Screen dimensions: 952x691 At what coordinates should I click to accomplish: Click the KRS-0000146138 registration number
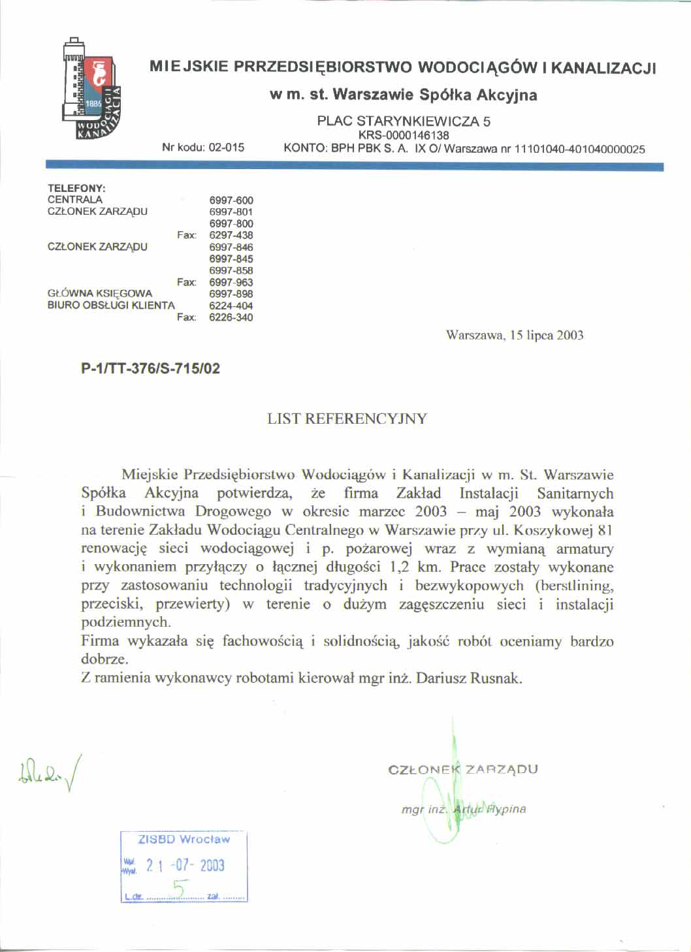click(x=404, y=135)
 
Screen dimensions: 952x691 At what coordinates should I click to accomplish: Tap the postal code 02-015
click(x=226, y=148)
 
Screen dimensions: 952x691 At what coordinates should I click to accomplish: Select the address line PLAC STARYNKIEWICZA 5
click(x=404, y=121)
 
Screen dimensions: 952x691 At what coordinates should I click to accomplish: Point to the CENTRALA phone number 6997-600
click(x=231, y=200)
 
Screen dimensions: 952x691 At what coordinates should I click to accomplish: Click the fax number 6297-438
click(x=231, y=235)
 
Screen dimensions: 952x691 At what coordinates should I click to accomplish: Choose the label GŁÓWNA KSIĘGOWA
click(x=100, y=293)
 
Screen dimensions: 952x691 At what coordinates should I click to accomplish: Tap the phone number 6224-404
click(x=231, y=306)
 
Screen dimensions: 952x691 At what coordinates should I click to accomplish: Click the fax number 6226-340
click(x=231, y=317)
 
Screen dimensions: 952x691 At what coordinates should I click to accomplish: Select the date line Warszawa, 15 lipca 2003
click(x=515, y=336)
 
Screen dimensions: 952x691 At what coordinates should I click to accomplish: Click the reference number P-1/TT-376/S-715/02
click(x=150, y=369)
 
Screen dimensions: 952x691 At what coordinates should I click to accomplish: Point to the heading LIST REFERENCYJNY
click(x=347, y=419)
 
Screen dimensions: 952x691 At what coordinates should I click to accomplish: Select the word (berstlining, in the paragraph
click(x=574, y=585)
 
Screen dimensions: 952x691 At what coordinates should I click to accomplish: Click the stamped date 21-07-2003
click(x=185, y=866)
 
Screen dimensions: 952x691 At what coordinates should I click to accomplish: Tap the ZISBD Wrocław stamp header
click(x=184, y=839)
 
